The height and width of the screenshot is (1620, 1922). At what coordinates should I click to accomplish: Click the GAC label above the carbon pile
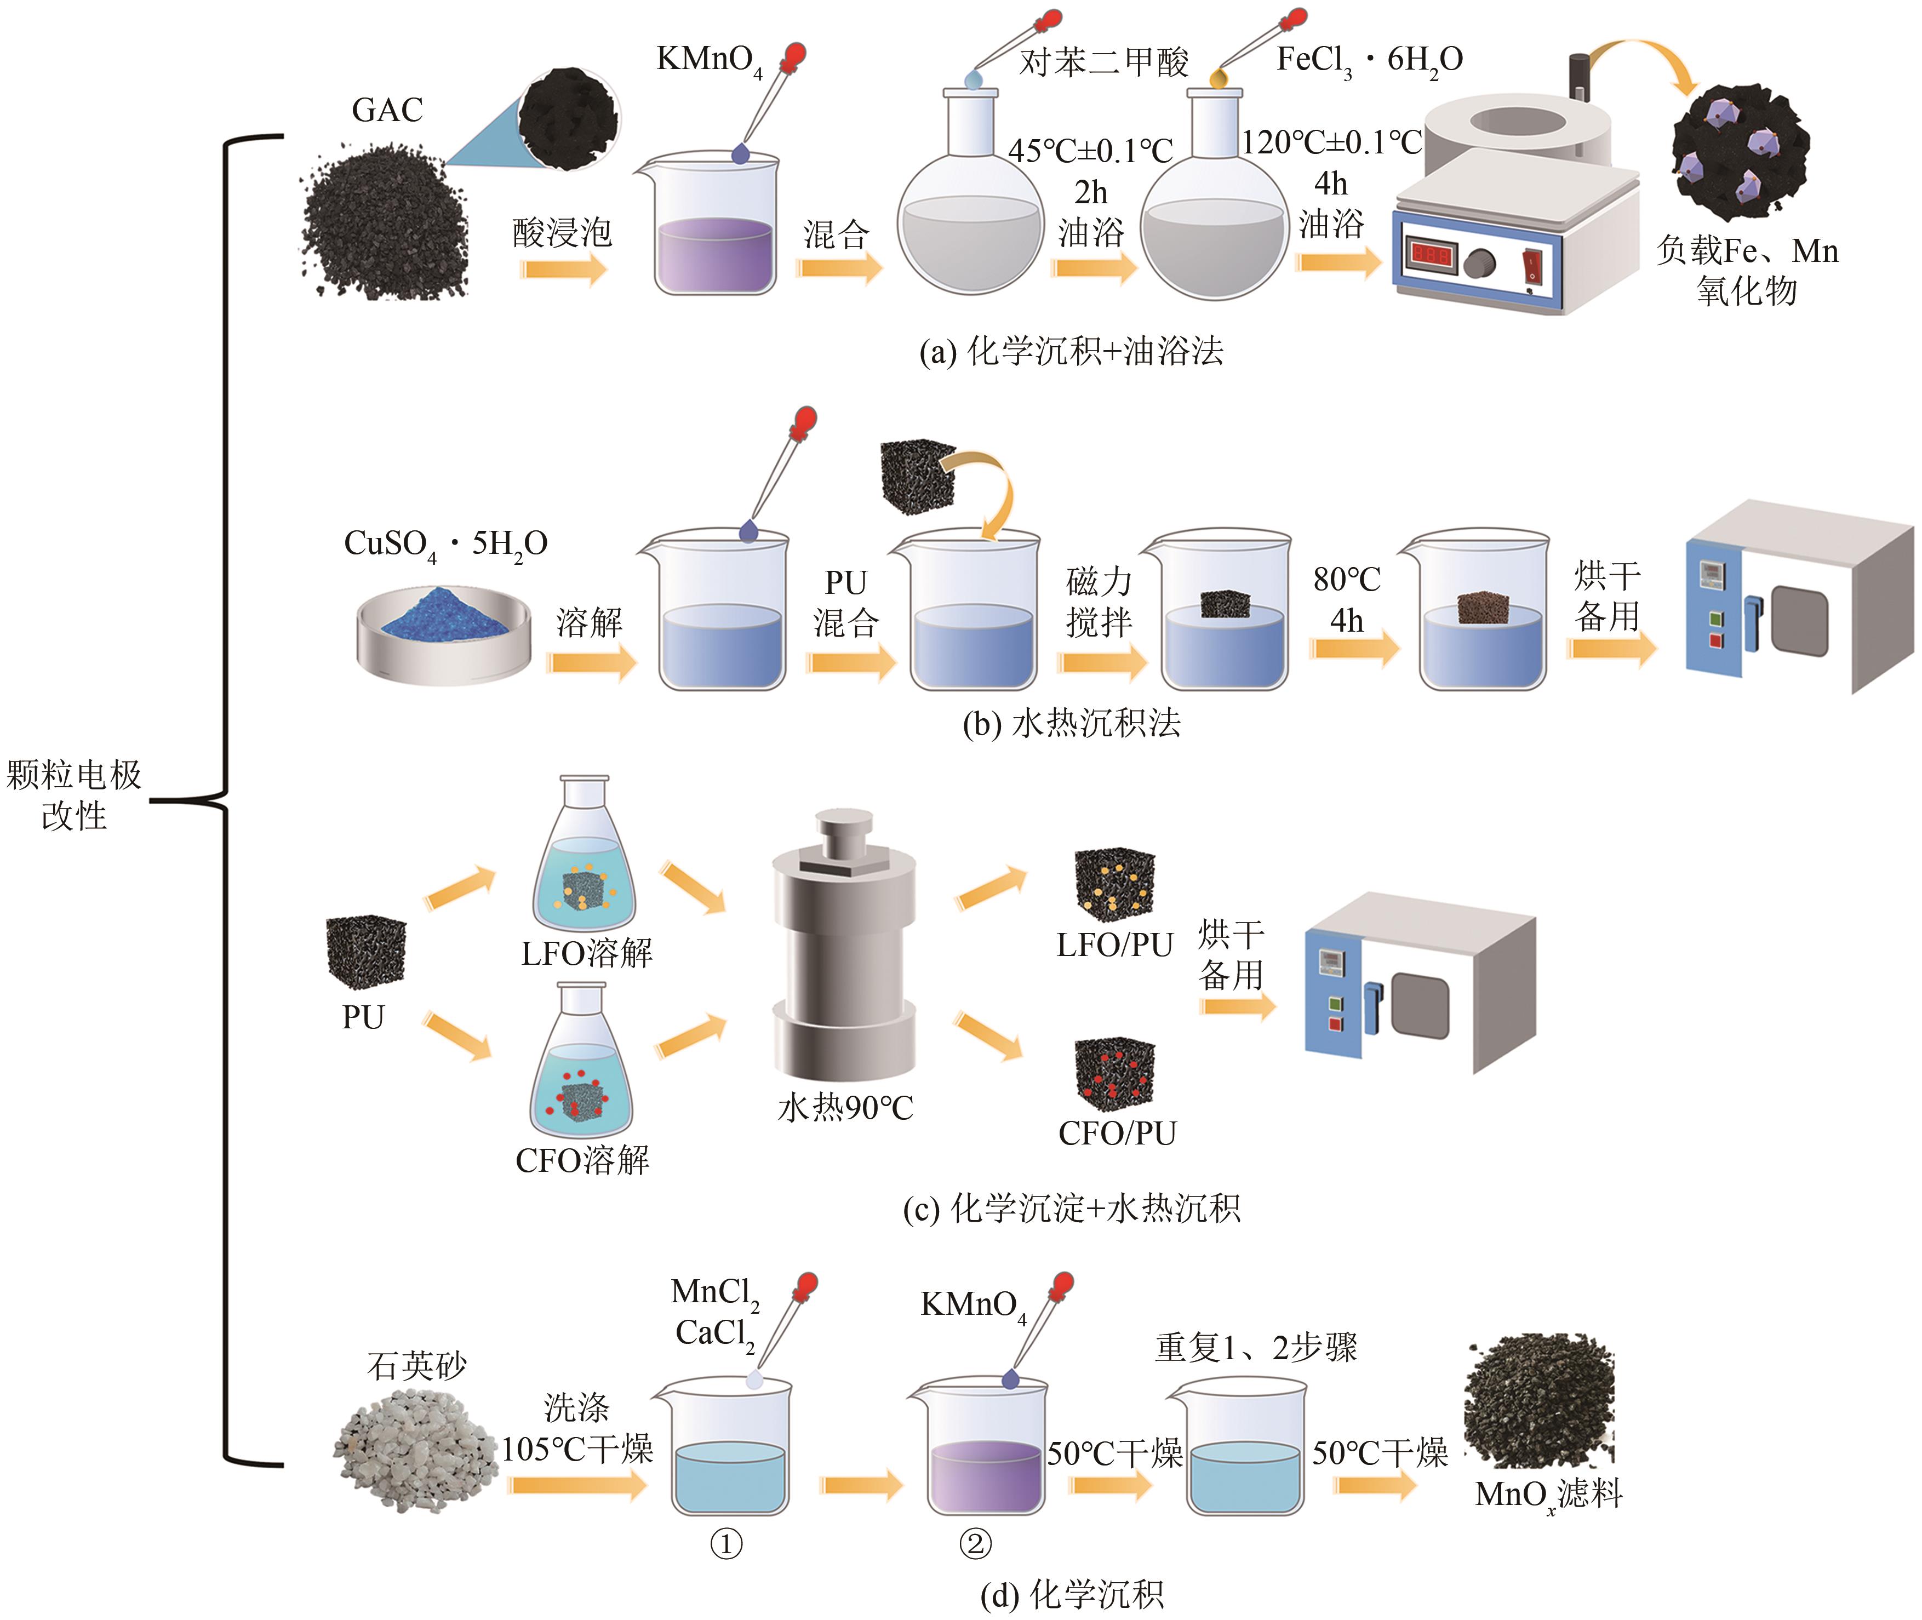click(x=387, y=110)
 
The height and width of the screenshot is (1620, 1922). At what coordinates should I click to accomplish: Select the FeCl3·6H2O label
click(x=1368, y=61)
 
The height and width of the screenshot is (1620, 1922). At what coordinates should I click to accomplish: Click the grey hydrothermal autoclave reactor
click(x=843, y=946)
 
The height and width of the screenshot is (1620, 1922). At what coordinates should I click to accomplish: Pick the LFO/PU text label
click(x=1115, y=945)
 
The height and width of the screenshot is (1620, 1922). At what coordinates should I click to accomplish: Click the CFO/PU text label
click(x=1117, y=1134)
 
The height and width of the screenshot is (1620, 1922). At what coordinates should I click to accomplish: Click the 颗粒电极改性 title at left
click(x=73, y=794)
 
